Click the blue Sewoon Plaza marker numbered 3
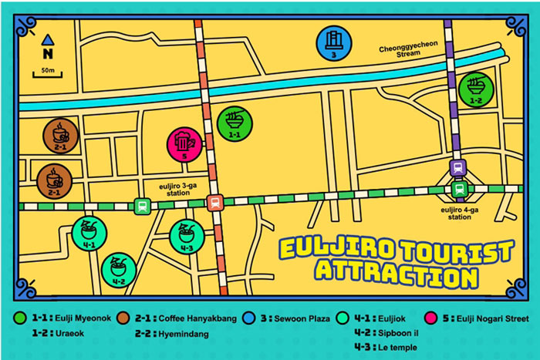click(x=332, y=43)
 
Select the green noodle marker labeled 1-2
click(x=474, y=89)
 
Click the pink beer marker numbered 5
click(x=184, y=145)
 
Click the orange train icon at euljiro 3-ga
click(x=214, y=203)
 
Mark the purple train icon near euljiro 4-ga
click(x=458, y=167)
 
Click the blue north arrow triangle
click(x=48, y=39)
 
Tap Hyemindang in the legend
click(x=191, y=334)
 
